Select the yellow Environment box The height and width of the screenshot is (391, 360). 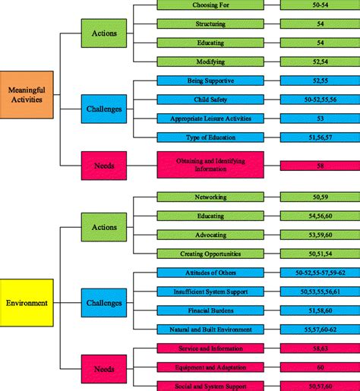point(27,302)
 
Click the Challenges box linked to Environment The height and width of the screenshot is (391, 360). point(103,302)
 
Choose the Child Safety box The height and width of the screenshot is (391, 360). point(210,99)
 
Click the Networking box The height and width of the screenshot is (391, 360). point(210,196)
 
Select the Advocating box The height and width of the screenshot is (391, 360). point(210,234)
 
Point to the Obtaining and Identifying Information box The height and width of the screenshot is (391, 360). point(210,164)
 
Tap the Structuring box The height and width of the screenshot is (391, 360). point(210,24)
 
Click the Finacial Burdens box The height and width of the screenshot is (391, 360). point(210,310)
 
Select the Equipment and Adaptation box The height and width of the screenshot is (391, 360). point(210,367)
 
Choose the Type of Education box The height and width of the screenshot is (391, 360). point(210,137)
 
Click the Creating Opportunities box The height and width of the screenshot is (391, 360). point(210,253)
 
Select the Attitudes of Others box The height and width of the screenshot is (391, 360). point(210,272)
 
